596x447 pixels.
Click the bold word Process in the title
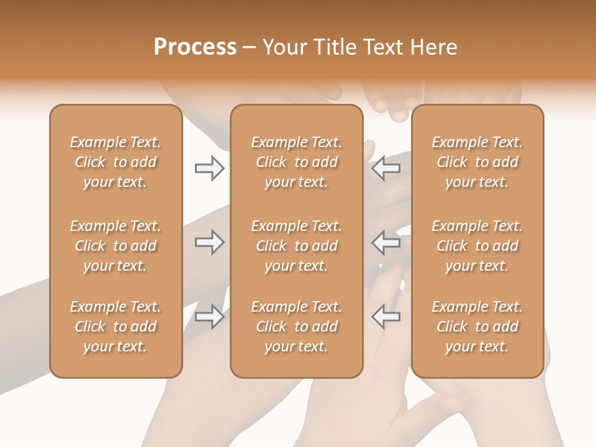click(195, 47)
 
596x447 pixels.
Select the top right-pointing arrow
click(209, 168)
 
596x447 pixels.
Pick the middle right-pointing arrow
click(209, 242)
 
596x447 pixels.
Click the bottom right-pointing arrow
click(209, 317)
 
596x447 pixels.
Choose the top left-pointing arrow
click(386, 168)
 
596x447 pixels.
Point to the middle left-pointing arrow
click(386, 242)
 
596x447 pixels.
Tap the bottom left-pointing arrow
click(386, 317)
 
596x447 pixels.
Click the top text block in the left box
click(115, 162)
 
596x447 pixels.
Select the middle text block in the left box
click(115, 246)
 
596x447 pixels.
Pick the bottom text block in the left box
click(115, 327)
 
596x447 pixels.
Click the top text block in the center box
click(297, 162)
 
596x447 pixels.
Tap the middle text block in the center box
click(297, 246)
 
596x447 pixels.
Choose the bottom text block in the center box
click(297, 327)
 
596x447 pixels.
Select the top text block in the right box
click(477, 162)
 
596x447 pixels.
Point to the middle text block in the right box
click(477, 246)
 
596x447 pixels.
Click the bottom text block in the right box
click(477, 327)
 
